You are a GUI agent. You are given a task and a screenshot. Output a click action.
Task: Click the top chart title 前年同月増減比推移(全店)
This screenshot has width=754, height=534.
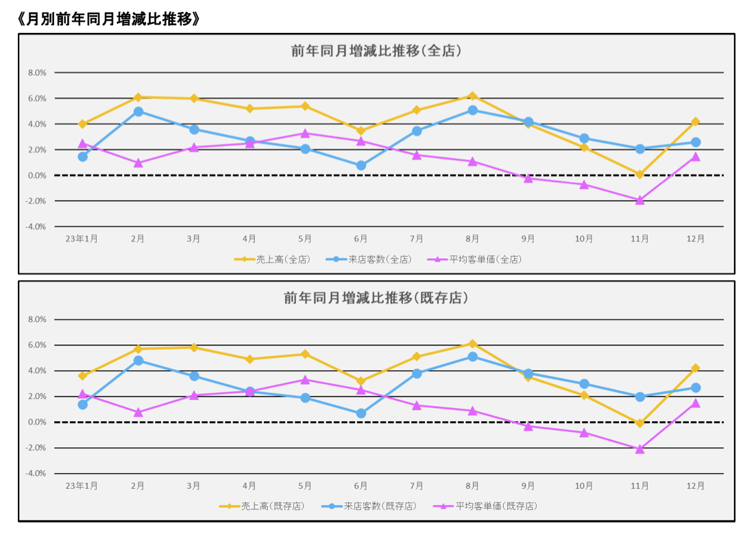pos(376,51)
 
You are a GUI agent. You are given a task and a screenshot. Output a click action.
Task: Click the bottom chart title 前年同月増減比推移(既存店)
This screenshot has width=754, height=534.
pos(376,298)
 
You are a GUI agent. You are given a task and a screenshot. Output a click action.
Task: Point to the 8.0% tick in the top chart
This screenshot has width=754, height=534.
pos(36,73)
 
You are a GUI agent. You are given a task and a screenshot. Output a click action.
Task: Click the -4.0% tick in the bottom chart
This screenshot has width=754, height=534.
pos(36,474)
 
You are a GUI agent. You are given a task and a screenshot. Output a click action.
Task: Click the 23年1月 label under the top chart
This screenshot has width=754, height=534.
pos(82,238)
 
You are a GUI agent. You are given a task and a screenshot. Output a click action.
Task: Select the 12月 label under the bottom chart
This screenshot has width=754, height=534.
pos(695,485)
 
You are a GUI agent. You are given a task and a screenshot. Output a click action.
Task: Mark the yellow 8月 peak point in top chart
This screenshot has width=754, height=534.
pos(472,96)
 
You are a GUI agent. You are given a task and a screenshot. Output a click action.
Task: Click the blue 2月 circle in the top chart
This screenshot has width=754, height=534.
pos(138,112)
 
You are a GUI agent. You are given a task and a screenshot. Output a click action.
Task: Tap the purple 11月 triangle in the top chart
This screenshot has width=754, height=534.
pos(640,200)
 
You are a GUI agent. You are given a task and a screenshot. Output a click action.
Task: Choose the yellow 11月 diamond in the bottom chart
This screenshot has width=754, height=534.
pos(640,423)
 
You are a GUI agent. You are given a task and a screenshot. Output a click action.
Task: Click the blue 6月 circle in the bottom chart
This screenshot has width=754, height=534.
pos(361,414)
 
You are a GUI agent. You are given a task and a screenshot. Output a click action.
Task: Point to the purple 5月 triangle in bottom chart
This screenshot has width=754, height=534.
pos(306,379)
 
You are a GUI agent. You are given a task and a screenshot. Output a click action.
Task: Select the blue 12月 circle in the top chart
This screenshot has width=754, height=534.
pos(696,142)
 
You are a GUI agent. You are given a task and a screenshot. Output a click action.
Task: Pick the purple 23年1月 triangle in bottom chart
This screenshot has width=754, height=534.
pos(83,394)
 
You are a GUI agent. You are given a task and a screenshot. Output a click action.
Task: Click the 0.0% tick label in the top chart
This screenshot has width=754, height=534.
pos(36,175)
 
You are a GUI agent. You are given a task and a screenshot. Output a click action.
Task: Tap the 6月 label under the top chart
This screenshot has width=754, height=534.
pos(361,238)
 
